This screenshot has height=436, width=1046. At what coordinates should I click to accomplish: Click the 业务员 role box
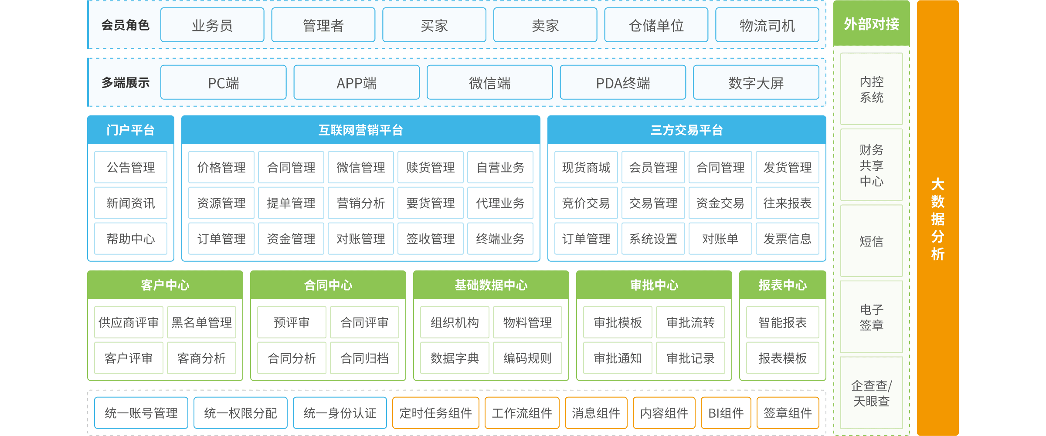[x=212, y=25]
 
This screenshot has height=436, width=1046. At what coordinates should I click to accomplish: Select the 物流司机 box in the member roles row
[x=767, y=25]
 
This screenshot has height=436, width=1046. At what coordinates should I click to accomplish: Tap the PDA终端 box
[x=623, y=83]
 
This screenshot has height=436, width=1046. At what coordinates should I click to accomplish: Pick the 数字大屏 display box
[x=756, y=83]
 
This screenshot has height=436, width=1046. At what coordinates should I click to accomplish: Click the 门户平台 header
[x=130, y=130]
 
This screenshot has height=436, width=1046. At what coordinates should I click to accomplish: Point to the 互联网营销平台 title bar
[x=360, y=130]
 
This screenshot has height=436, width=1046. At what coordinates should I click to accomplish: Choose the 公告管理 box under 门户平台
[x=131, y=167]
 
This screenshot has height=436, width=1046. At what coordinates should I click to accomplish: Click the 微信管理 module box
[x=360, y=167]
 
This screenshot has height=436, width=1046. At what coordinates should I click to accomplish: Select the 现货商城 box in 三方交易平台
[x=586, y=167]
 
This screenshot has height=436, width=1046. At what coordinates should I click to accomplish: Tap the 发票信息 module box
[x=787, y=239]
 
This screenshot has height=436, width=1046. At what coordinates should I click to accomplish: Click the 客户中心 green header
[x=165, y=285]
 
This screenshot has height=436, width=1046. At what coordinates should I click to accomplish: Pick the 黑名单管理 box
[x=201, y=322]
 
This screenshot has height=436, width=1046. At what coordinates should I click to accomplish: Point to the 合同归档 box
[x=364, y=358]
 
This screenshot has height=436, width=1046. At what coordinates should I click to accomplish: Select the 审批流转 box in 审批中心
[x=690, y=322]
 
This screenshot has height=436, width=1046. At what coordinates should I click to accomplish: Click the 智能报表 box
[x=782, y=322]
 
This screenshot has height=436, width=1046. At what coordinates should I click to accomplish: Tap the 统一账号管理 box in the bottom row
[x=141, y=413]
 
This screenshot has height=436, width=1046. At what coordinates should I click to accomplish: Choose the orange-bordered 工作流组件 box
[x=522, y=413]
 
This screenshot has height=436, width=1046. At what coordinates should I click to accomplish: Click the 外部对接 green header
[x=871, y=24]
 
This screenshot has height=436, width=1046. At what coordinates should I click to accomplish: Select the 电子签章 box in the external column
[x=871, y=317]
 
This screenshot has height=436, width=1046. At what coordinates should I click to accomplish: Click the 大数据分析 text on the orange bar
[x=937, y=219]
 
